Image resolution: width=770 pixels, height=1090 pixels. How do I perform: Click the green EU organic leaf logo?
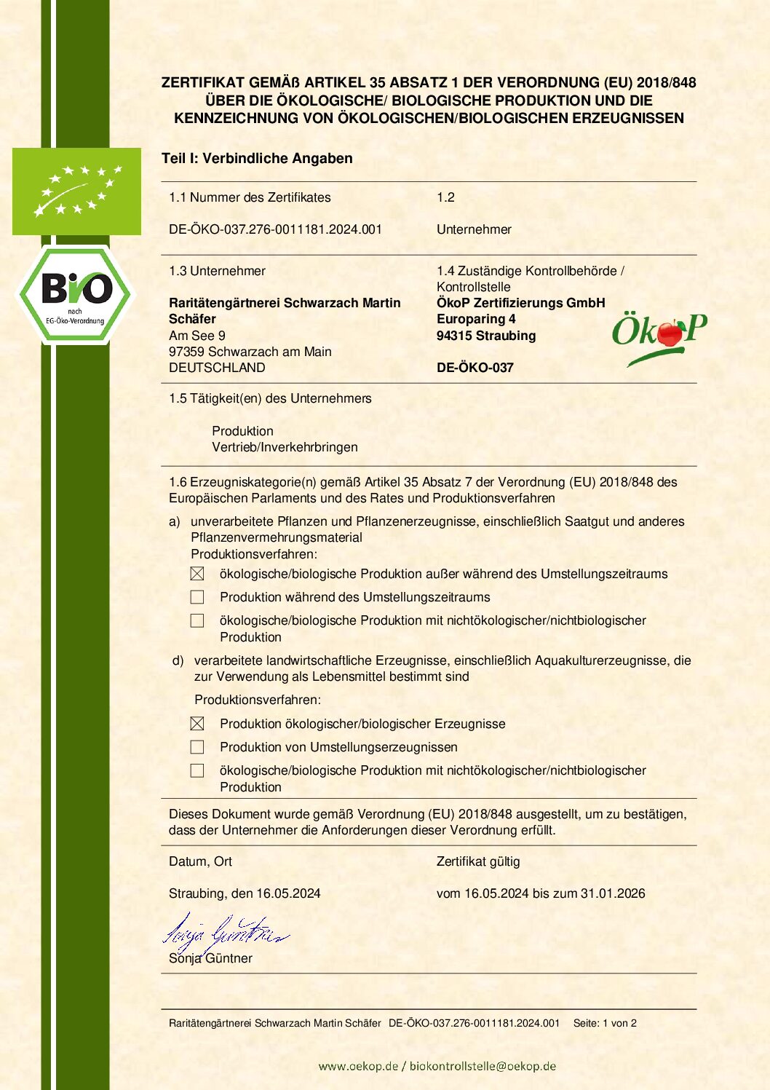76,191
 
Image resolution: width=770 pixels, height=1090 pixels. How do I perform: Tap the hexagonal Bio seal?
76,295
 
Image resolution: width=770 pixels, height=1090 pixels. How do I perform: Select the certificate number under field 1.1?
275,229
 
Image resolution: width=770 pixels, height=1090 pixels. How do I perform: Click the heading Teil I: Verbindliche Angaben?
257,159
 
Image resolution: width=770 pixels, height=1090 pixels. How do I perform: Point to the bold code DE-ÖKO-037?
475,368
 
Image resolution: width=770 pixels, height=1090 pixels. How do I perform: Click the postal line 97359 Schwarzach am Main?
250,352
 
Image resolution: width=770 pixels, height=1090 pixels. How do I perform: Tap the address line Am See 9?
197,336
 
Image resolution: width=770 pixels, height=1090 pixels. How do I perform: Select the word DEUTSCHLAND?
217,368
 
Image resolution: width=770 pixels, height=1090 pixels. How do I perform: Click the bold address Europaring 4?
476,319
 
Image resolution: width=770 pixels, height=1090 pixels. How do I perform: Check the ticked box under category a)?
197,574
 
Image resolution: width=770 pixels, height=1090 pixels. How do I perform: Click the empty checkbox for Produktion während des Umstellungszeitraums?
197,597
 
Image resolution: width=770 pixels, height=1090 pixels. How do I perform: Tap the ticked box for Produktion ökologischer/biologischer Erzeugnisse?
197,724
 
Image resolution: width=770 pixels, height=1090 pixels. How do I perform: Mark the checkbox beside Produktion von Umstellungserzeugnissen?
197,747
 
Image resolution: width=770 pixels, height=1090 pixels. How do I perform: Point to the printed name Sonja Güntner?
210,958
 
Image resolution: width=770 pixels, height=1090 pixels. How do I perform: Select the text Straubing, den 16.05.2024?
245,893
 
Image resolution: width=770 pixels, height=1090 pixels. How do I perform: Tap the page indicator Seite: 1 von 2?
605,1023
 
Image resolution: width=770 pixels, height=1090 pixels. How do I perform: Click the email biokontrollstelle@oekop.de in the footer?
483,1066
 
